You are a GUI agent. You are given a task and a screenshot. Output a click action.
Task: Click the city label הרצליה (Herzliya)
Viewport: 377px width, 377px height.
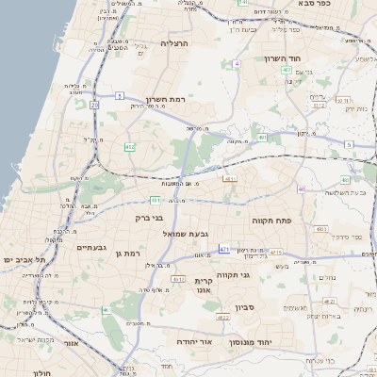(175, 43)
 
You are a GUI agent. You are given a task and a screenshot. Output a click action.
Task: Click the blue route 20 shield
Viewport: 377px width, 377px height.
(94, 106)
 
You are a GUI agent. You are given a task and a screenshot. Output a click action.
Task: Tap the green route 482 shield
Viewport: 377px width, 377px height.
(129, 147)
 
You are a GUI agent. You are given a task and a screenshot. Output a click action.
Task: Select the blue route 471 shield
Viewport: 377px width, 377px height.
(224, 249)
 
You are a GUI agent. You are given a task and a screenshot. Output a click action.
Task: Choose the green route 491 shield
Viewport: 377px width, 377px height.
(263, 138)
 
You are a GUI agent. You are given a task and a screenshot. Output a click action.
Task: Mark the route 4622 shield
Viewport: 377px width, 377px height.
(223, 318)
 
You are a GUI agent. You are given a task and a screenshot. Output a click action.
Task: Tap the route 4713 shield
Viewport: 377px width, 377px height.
(275, 253)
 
